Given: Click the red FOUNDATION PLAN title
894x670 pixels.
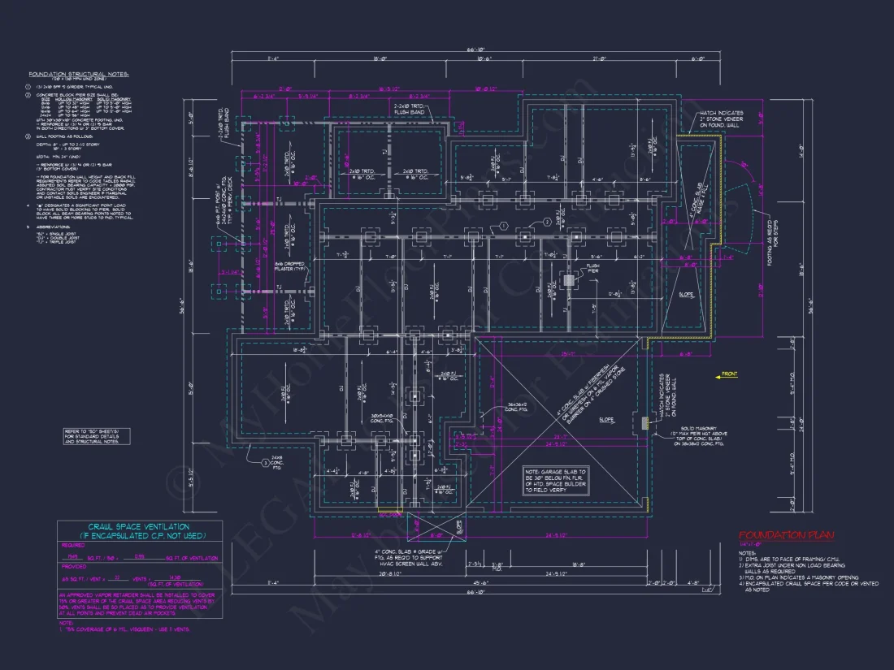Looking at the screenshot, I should pos(787,536).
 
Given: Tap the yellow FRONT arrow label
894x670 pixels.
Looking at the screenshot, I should pos(728,374).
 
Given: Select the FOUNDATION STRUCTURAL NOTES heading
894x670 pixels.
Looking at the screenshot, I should pos(79,74).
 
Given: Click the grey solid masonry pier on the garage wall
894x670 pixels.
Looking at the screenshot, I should pos(644,422).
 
